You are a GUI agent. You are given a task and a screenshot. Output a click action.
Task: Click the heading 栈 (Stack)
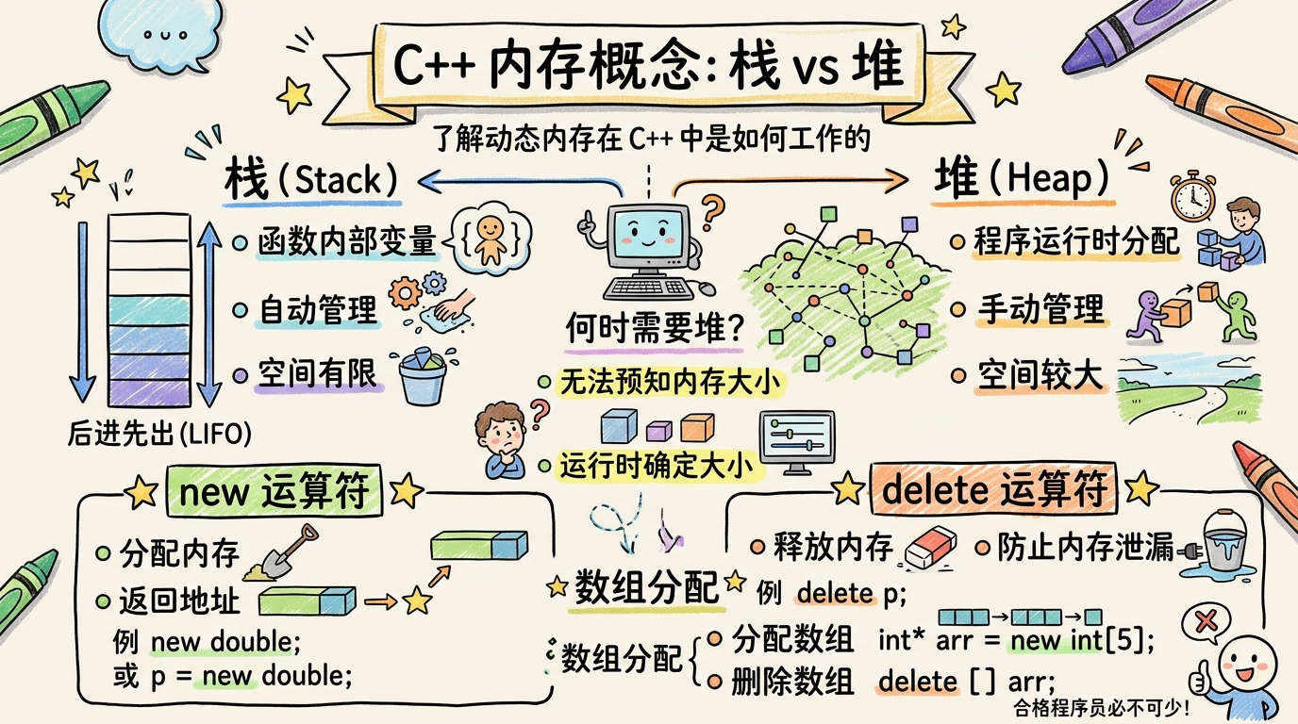(311, 180)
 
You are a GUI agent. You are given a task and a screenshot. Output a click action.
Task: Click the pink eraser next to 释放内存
(930, 547)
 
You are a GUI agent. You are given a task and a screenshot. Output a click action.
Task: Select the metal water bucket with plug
(1223, 541)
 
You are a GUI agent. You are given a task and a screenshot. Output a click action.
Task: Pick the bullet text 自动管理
(318, 310)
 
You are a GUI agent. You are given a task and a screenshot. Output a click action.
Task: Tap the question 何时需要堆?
(657, 329)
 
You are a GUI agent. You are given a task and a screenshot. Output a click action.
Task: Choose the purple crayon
(1136, 33)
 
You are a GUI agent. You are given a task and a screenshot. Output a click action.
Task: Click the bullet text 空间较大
(1040, 375)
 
